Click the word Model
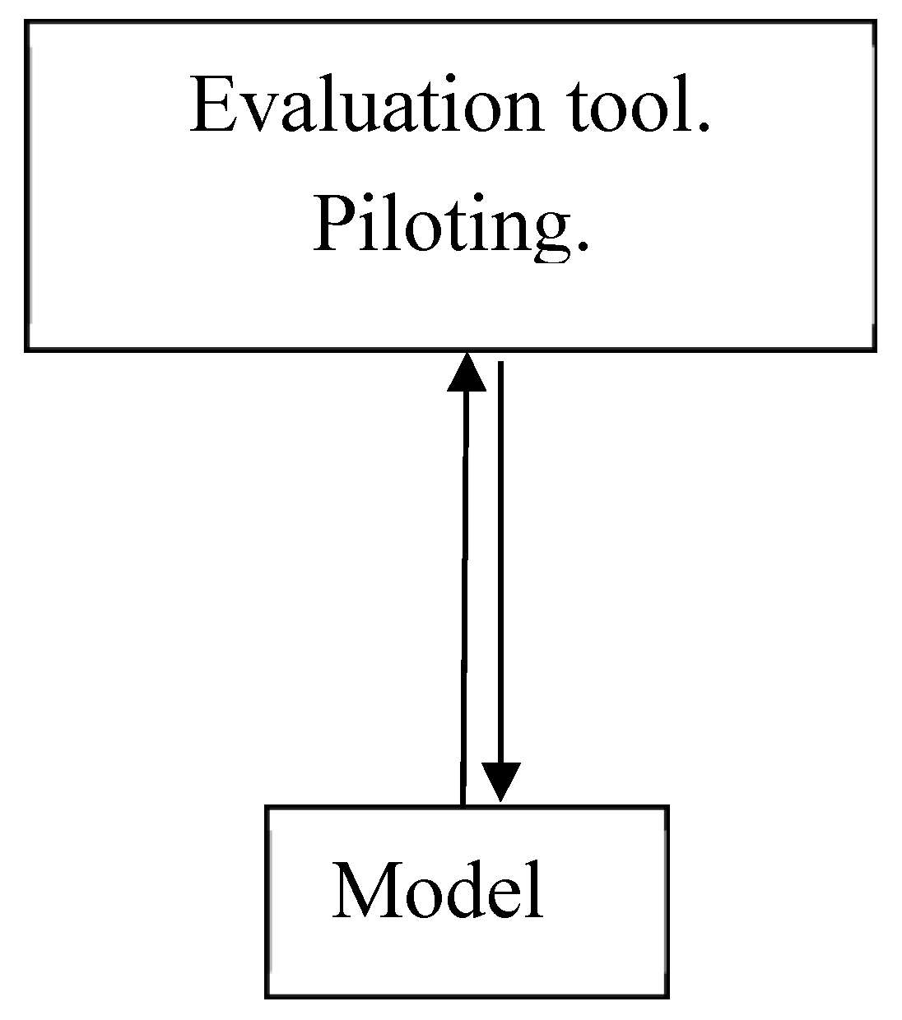(438, 891)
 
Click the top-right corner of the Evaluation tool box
(873, 23)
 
